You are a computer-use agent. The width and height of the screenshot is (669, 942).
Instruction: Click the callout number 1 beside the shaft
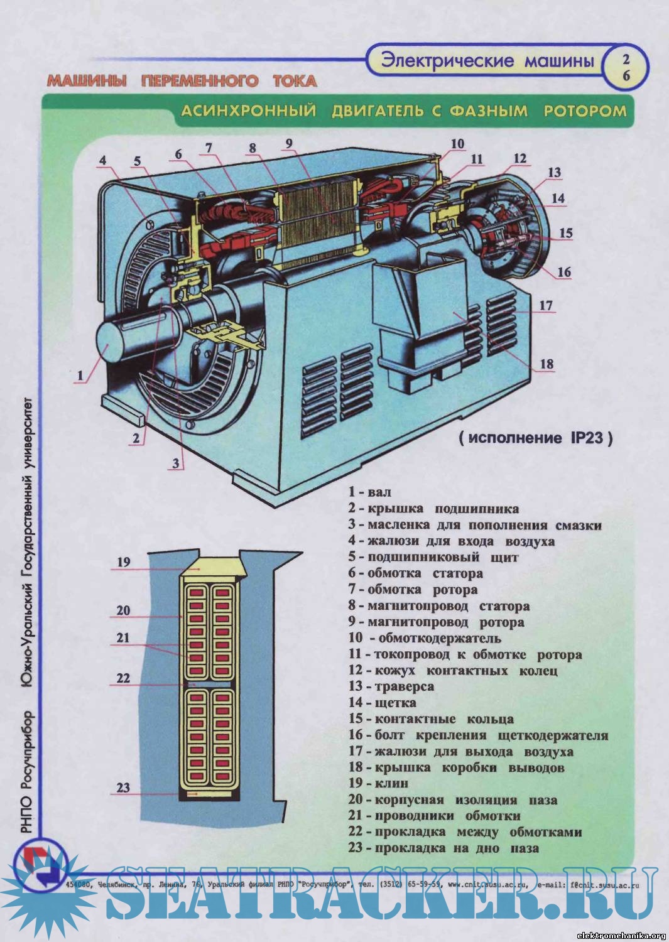coord(80,376)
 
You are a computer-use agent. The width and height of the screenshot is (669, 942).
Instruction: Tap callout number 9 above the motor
coord(289,143)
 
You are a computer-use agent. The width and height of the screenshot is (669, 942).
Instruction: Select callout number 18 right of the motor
coord(547,364)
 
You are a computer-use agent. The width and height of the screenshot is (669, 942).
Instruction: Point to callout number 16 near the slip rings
coord(563,272)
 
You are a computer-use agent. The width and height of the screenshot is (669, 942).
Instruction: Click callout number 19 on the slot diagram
coord(124,562)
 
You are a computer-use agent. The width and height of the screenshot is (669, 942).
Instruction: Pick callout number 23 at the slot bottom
coord(123,787)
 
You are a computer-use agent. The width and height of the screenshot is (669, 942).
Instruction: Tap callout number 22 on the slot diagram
coord(123,678)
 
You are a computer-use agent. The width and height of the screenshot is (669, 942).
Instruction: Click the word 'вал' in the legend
coord(379,492)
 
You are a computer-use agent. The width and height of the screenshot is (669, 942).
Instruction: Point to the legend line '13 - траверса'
coord(391,686)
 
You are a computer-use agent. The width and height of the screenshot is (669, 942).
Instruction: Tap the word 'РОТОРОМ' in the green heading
coord(585,111)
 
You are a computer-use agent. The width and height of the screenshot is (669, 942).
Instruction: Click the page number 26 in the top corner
coord(626,68)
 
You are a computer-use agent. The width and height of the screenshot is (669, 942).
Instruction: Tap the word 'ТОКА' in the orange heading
coord(295,81)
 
